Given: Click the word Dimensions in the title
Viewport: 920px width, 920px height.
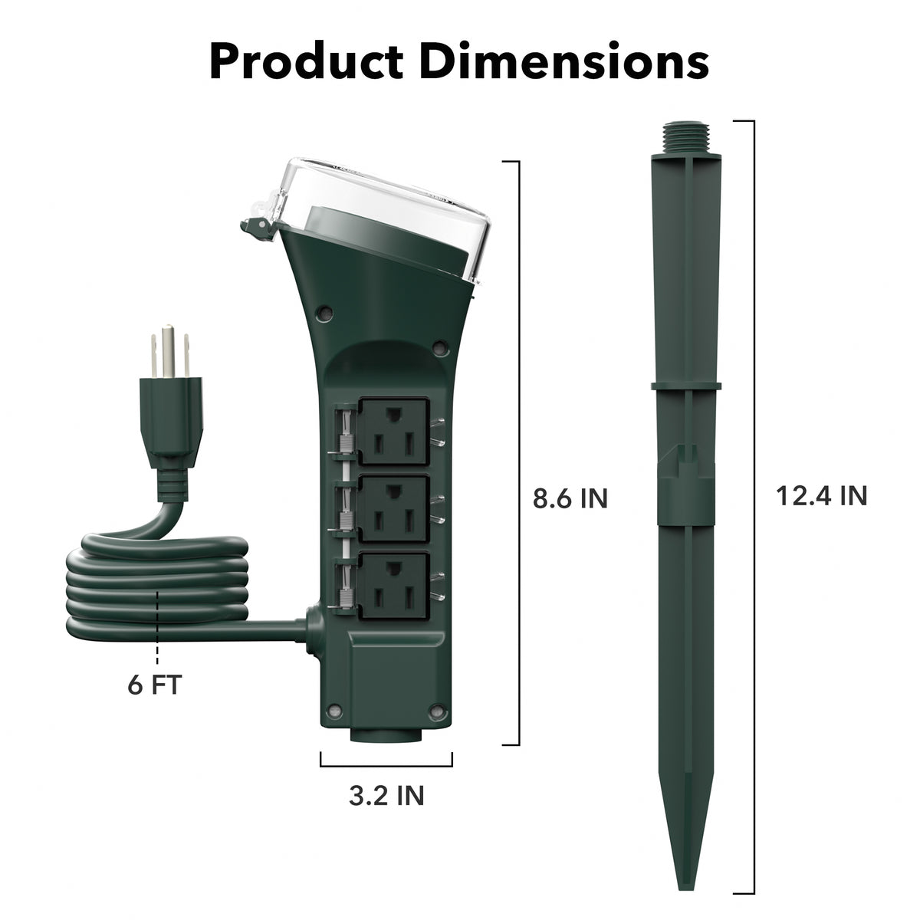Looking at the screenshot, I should [568, 61].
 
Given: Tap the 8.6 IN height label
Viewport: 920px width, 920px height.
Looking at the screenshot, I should [570, 498].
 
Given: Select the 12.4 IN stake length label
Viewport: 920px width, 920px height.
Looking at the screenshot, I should [821, 495].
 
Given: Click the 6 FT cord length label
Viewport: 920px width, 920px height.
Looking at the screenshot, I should [154, 684].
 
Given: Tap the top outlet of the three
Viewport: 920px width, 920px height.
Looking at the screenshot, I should [394, 430].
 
